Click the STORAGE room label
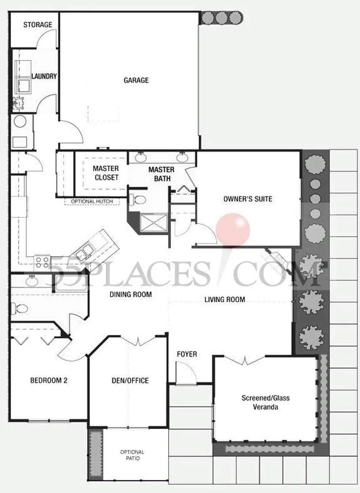click(x=38, y=25)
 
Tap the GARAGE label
click(x=136, y=80)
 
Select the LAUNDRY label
click(x=44, y=76)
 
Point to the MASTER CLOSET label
click(x=106, y=173)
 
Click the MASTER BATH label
click(x=162, y=174)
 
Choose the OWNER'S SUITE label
click(x=248, y=199)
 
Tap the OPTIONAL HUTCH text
click(x=92, y=201)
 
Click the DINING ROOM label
click(x=131, y=295)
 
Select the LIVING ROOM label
click(x=225, y=299)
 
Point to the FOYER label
click(x=187, y=354)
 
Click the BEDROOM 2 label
click(x=49, y=380)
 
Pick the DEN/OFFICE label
click(x=130, y=380)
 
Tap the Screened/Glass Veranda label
click(x=266, y=403)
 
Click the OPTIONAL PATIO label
click(x=132, y=455)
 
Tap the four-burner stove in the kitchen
click(x=42, y=262)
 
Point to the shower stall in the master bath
click(x=154, y=223)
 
